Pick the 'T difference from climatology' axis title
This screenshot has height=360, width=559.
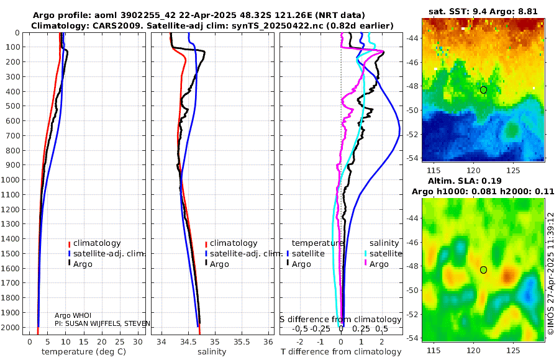pyautogui.click(x=342, y=352)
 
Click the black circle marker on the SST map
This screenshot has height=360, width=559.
pyautogui.click(x=483, y=90)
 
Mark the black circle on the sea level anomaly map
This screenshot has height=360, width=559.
pyautogui.click(x=483, y=269)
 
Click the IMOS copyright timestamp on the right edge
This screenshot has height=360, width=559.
pyautogui.click(x=551, y=273)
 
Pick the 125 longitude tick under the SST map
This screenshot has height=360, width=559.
pyautogui.click(x=513, y=169)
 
